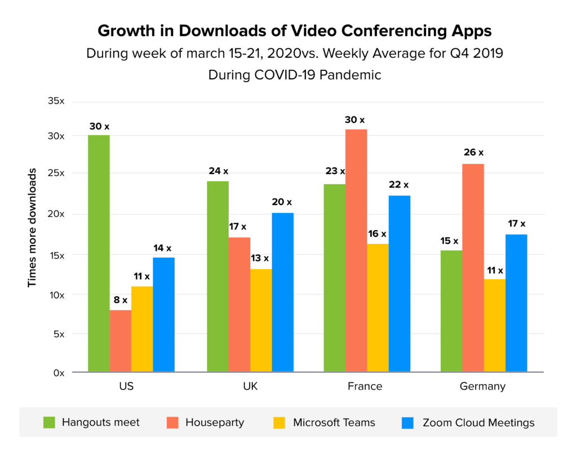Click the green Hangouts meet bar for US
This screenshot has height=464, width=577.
click(x=99, y=253)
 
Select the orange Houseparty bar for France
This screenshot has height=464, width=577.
click(x=356, y=251)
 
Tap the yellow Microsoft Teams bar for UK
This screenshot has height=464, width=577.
click(x=261, y=320)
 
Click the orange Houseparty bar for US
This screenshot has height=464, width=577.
click(x=121, y=341)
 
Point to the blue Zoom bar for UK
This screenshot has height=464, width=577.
click(x=282, y=292)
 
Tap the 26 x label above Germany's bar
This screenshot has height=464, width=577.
click(x=473, y=153)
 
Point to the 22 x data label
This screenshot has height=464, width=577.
click(x=398, y=185)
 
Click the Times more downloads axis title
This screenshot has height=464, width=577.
click(x=33, y=227)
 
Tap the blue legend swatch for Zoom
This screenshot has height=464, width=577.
click(x=408, y=422)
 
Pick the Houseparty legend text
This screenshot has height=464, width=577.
click(x=215, y=422)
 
